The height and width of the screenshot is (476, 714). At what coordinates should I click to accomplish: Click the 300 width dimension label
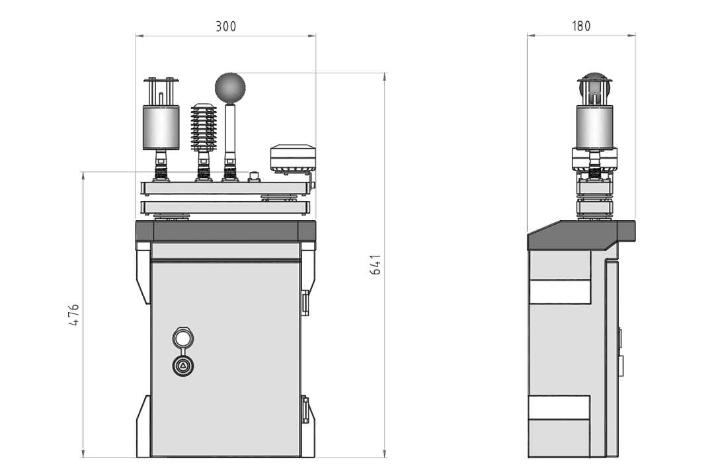[x=226, y=26]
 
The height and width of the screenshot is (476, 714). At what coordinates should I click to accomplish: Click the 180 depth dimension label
[x=581, y=26]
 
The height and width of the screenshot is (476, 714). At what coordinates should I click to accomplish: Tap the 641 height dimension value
[x=376, y=264]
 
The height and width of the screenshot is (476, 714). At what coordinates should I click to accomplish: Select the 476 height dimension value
[x=73, y=314]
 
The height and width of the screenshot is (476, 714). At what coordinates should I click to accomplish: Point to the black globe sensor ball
[x=230, y=87]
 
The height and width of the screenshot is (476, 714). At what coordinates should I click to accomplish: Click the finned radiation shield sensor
[x=204, y=128]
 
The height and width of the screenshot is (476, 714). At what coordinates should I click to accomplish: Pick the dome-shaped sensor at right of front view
[x=293, y=157]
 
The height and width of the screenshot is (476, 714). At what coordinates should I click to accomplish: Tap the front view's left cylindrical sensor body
[x=161, y=128]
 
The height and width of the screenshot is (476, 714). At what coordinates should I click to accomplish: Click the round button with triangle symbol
[x=183, y=366]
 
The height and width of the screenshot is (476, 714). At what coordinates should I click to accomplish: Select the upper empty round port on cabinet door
[x=183, y=338]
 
